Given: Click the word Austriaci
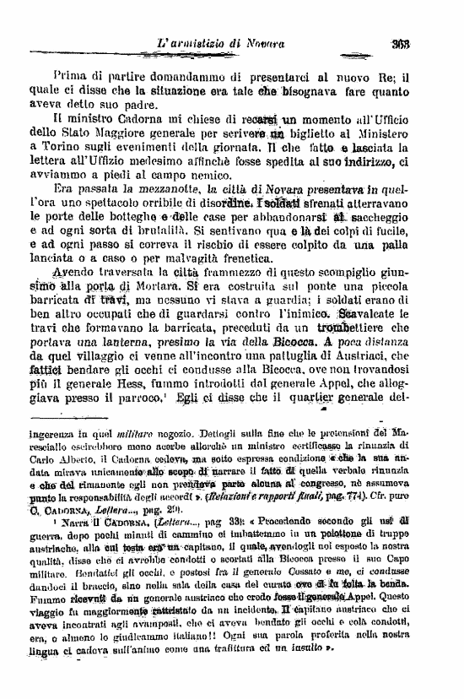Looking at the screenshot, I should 393,360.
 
